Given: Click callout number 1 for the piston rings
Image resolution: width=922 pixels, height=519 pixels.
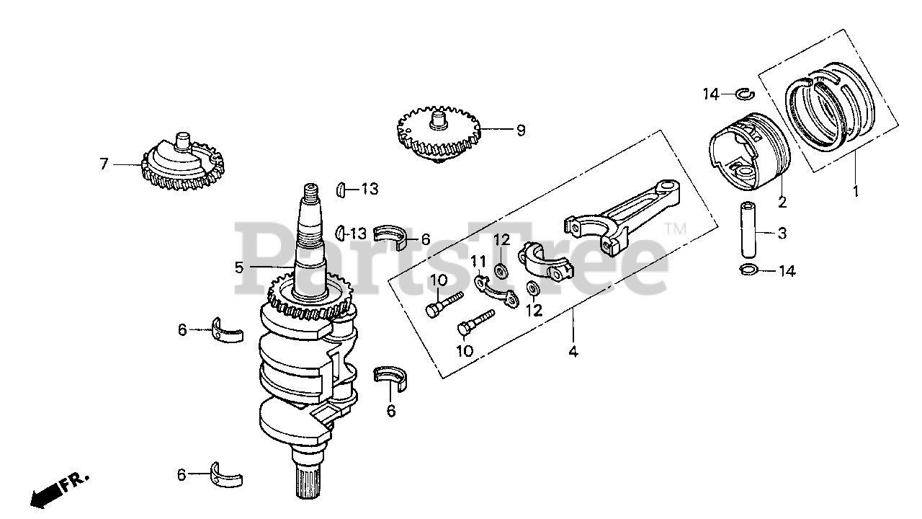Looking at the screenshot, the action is point(856,192).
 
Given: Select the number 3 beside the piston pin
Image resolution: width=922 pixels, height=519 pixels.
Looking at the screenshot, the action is point(781,233).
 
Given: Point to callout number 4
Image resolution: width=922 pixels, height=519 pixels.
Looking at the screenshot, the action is point(573,352).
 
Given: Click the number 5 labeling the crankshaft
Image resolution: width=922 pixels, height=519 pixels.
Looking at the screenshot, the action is point(238,267).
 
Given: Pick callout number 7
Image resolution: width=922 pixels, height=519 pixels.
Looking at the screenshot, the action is point(104,164).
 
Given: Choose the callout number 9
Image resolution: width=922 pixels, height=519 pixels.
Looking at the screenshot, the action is point(520,130).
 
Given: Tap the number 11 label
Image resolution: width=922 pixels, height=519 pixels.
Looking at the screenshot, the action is point(476,260).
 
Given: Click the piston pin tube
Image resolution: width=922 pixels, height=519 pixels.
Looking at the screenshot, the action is point(746,229).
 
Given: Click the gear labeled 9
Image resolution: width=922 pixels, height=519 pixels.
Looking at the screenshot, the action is point(438,133).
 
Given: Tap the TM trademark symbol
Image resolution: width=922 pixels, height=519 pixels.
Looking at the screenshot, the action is point(676,230).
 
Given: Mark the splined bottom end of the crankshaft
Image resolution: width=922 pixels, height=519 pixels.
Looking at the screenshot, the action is point(312,483).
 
